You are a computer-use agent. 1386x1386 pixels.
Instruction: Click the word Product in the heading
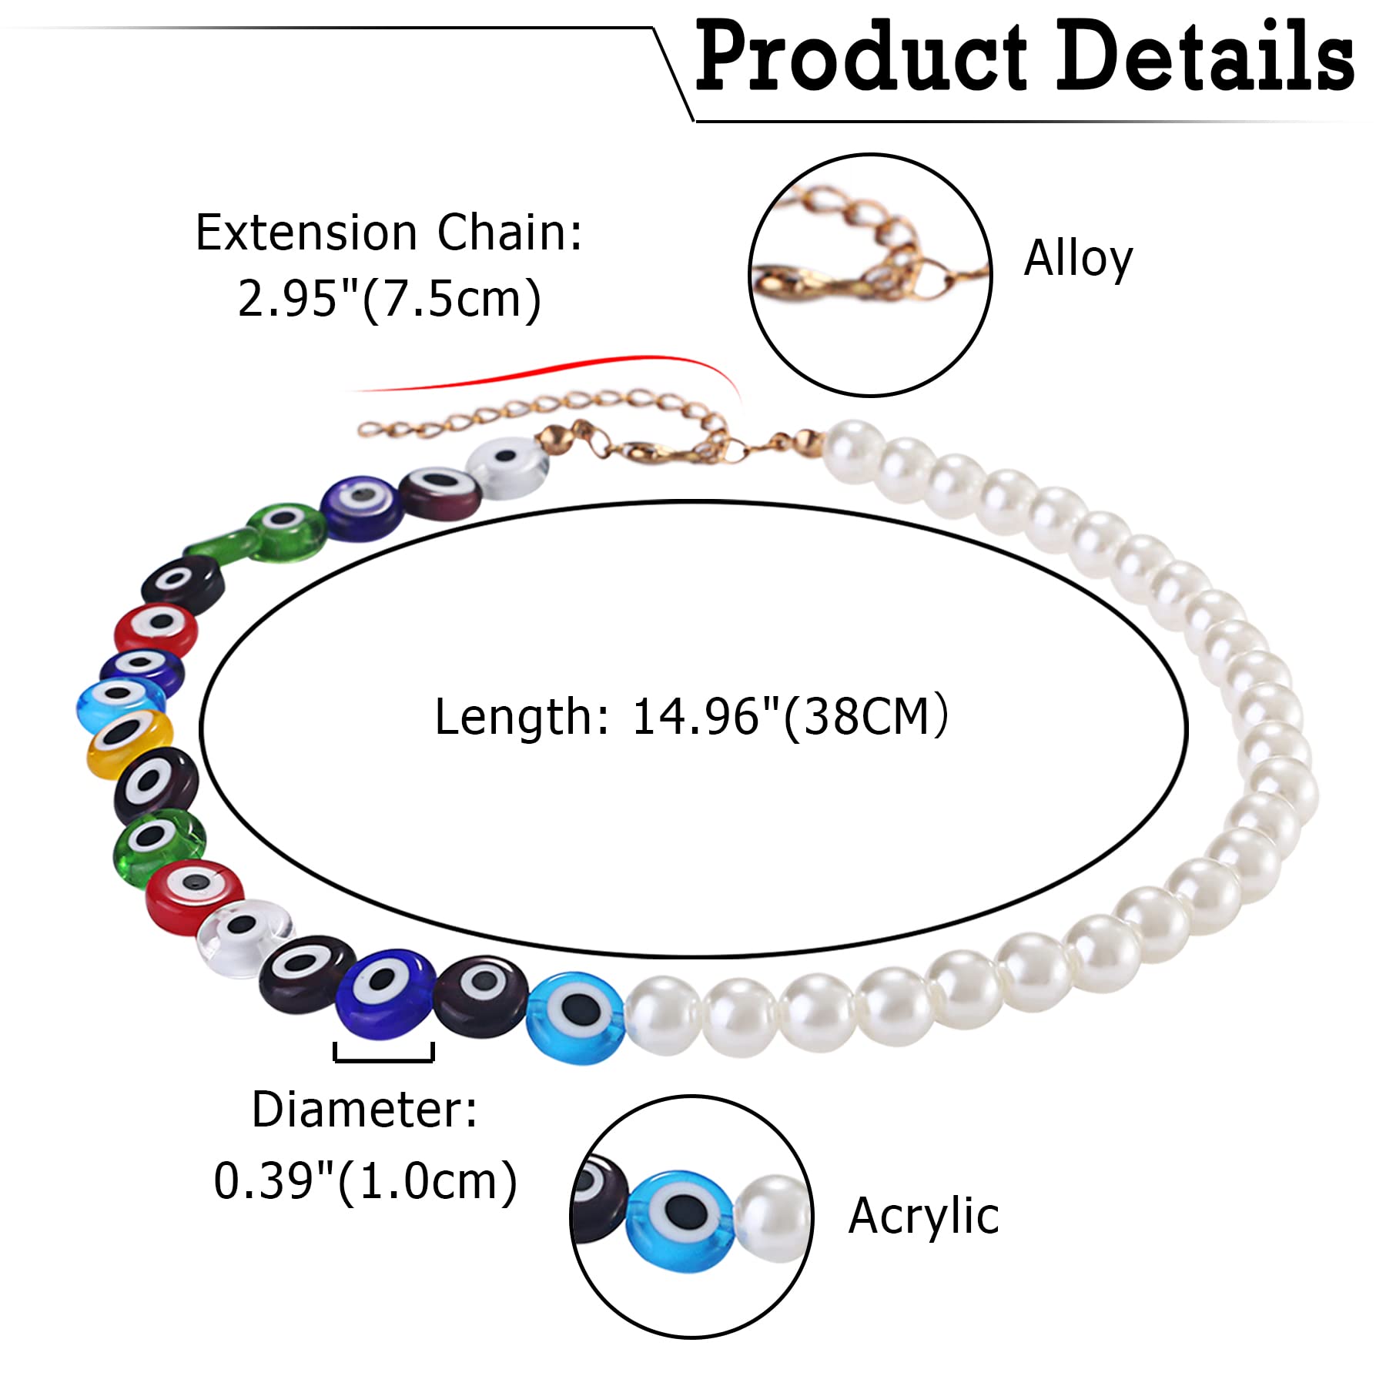[862, 55]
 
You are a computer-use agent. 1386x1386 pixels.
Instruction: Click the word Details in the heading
[1206, 55]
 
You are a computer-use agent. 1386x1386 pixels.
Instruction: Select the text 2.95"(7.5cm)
[390, 300]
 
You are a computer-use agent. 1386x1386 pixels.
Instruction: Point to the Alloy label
[1078, 259]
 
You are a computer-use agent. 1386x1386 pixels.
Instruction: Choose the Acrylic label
[923, 1217]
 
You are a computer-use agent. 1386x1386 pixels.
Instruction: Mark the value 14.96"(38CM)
[790, 718]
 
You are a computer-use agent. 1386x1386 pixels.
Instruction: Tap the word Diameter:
[364, 1110]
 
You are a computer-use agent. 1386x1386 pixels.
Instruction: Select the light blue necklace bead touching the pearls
[576, 1017]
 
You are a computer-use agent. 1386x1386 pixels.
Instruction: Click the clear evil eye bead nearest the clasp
[508, 467]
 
